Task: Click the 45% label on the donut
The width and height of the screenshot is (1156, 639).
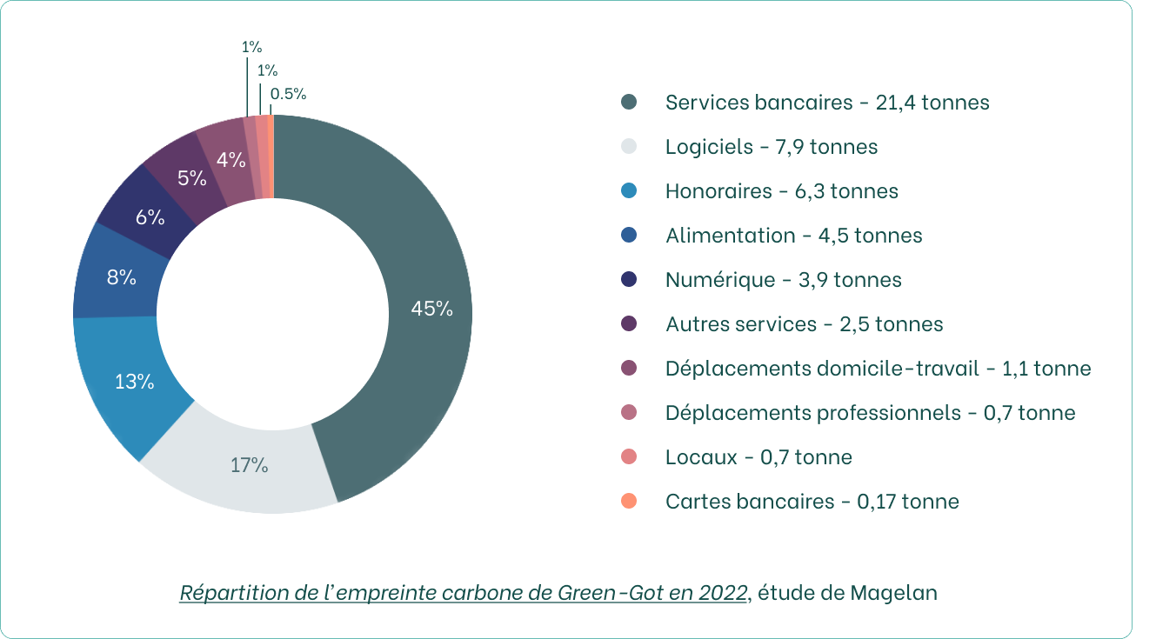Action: [x=432, y=309]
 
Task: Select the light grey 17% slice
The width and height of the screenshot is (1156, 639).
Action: [x=249, y=465]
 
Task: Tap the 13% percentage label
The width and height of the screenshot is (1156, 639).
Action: [x=134, y=381]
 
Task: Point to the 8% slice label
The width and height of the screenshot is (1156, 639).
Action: [x=122, y=278]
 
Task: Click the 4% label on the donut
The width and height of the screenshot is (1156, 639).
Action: [x=231, y=160]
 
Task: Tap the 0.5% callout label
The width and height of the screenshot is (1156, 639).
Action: [x=288, y=94]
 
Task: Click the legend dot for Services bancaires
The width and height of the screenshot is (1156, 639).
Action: [x=630, y=103]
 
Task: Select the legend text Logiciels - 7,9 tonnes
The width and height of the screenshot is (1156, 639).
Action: [x=772, y=147]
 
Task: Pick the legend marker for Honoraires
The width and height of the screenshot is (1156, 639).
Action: [x=630, y=191]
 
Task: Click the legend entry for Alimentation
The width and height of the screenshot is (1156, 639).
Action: [x=793, y=236]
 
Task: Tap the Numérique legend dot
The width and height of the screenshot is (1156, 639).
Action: [x=630, y=280]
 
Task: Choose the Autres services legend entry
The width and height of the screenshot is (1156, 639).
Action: [x=804, y=324]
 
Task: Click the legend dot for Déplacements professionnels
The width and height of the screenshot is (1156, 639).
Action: [x=630, y=413]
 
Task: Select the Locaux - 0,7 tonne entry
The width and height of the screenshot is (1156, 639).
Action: [x=758, y=457]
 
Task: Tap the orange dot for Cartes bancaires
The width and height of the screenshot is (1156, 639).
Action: [x=630, y=502]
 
